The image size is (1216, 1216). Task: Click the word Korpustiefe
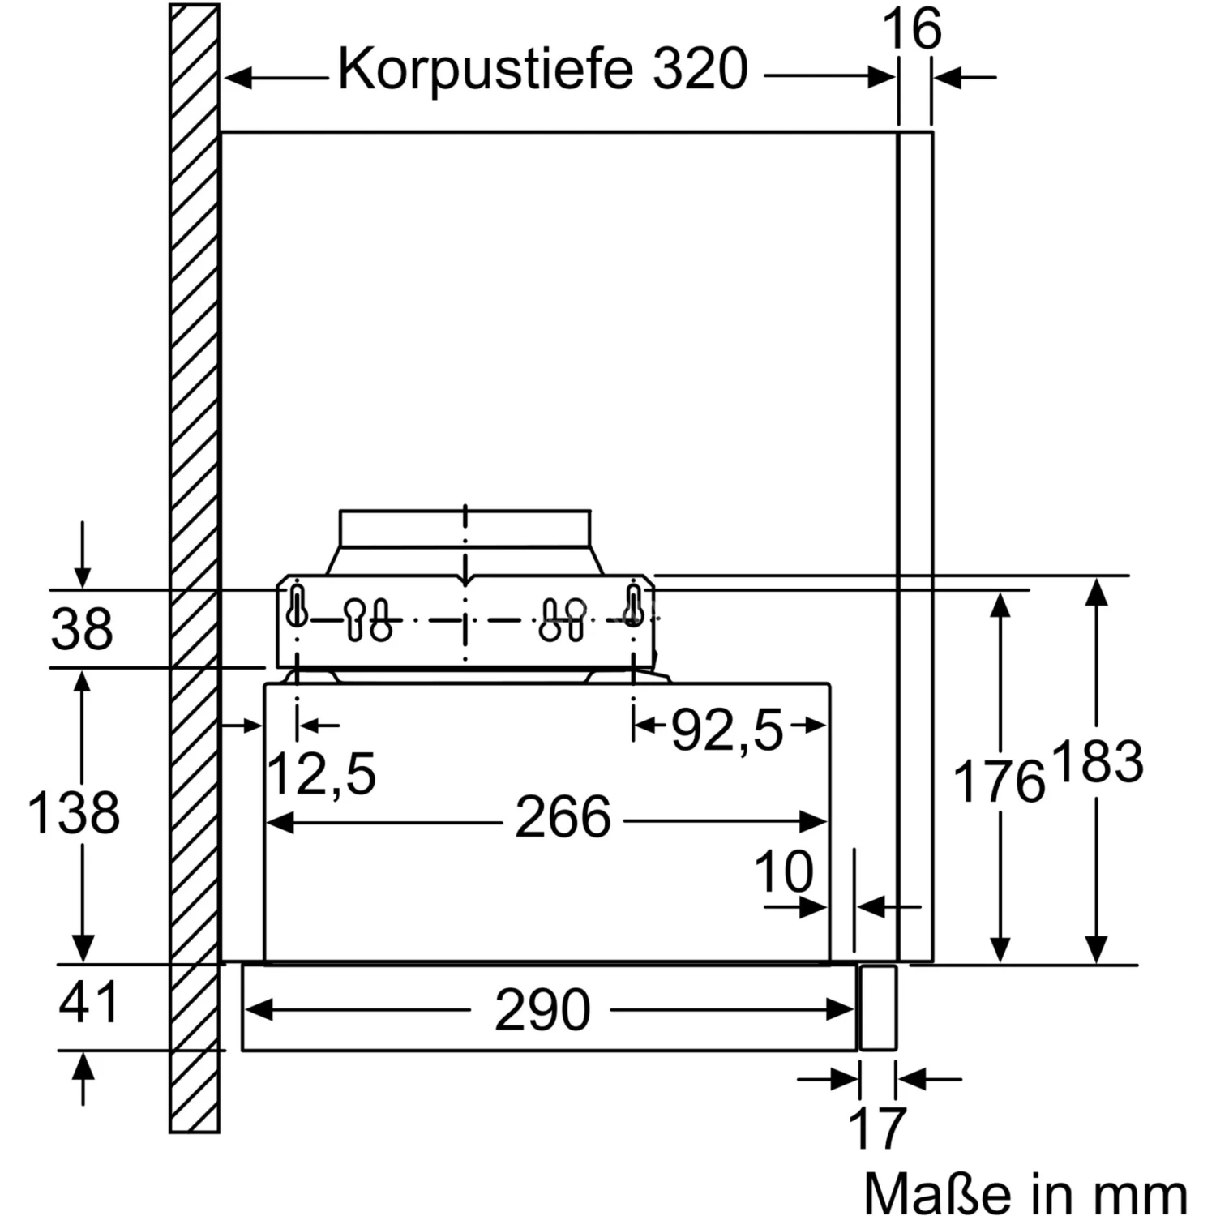(484, 70)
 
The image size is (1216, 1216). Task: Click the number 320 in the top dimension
(700, 70)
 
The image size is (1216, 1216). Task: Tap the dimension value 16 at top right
(911, 30)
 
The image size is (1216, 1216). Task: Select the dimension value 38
(82, 629)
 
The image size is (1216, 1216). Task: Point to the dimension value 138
(74, 813)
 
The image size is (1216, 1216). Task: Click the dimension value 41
(88, 1003)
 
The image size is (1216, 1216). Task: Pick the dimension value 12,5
(322, 774)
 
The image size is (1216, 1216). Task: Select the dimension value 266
(563, 817)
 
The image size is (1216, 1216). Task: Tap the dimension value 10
(783, 873)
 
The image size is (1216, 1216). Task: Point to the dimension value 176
(999, 782)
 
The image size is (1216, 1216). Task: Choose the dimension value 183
(1099, 763)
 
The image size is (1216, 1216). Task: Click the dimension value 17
(877, 1128)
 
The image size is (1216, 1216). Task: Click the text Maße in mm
(1025, 1193)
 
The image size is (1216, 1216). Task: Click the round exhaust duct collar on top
(465, 529)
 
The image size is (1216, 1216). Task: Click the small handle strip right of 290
(878, 1008)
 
